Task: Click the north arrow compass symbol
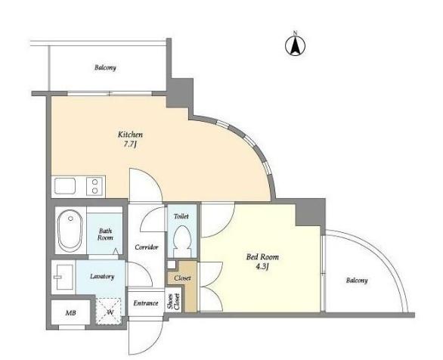[295, 45]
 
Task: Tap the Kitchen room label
[130, 135]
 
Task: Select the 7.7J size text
[130, 144]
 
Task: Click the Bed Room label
[262, 257]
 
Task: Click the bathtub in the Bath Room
[70, 231]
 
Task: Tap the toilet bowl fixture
[182, 241]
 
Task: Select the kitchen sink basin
[65, 186]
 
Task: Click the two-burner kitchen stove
[95, 186]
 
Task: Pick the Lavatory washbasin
[64, 277]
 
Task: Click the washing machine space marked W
[110, 312]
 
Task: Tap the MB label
[70, 313]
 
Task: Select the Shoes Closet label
[173, 302]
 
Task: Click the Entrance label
[146, 303]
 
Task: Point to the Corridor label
[147, 247]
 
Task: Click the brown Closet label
[182, 278]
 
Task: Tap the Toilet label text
[181, 216]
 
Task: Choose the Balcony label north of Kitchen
[105, 68]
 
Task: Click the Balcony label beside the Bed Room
[357, 281]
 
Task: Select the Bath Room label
[105, 234]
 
